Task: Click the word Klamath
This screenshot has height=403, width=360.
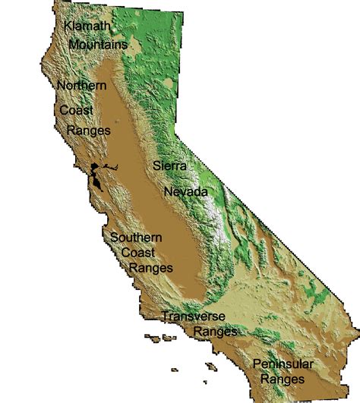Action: [88, 27]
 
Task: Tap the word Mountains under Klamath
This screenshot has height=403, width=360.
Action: [97, 45]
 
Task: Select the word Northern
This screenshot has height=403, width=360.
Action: [81, 86]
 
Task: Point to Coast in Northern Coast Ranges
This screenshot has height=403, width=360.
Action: [77, 111]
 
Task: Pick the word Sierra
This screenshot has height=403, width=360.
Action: [169, 165]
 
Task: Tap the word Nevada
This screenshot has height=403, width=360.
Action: [186, 192]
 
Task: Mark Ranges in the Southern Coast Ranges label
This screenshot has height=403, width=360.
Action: [150, 268]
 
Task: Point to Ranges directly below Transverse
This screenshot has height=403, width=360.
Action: [216, 332]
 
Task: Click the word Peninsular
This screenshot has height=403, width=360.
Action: [283, 363]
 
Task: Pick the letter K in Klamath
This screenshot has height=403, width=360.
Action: [68, 27]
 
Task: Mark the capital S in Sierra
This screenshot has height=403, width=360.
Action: [156, 165]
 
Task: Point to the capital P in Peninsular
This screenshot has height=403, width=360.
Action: [257, 363]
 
